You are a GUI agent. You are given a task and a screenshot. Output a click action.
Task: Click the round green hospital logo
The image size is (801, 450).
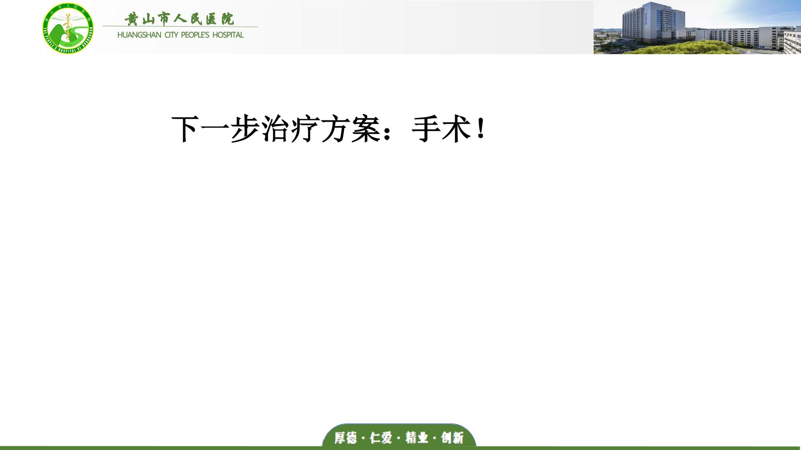pos(68,28)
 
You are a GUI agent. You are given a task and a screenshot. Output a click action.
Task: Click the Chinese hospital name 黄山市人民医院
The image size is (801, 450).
pos(180,19)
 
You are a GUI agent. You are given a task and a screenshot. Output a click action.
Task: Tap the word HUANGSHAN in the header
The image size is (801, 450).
pos(139,35)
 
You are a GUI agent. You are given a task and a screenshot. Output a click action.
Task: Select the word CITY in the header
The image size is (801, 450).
pos(171,35)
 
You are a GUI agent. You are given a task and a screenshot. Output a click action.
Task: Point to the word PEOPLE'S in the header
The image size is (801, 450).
pos(195,35)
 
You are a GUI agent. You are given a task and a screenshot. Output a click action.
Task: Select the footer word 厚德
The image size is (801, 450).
pos(345,438)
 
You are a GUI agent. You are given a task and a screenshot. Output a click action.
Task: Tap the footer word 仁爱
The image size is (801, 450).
pos(381,438)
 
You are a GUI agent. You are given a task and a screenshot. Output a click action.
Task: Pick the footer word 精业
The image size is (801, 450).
pos(417,438)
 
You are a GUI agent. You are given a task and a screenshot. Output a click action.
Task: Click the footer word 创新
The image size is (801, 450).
pos(452,438)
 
